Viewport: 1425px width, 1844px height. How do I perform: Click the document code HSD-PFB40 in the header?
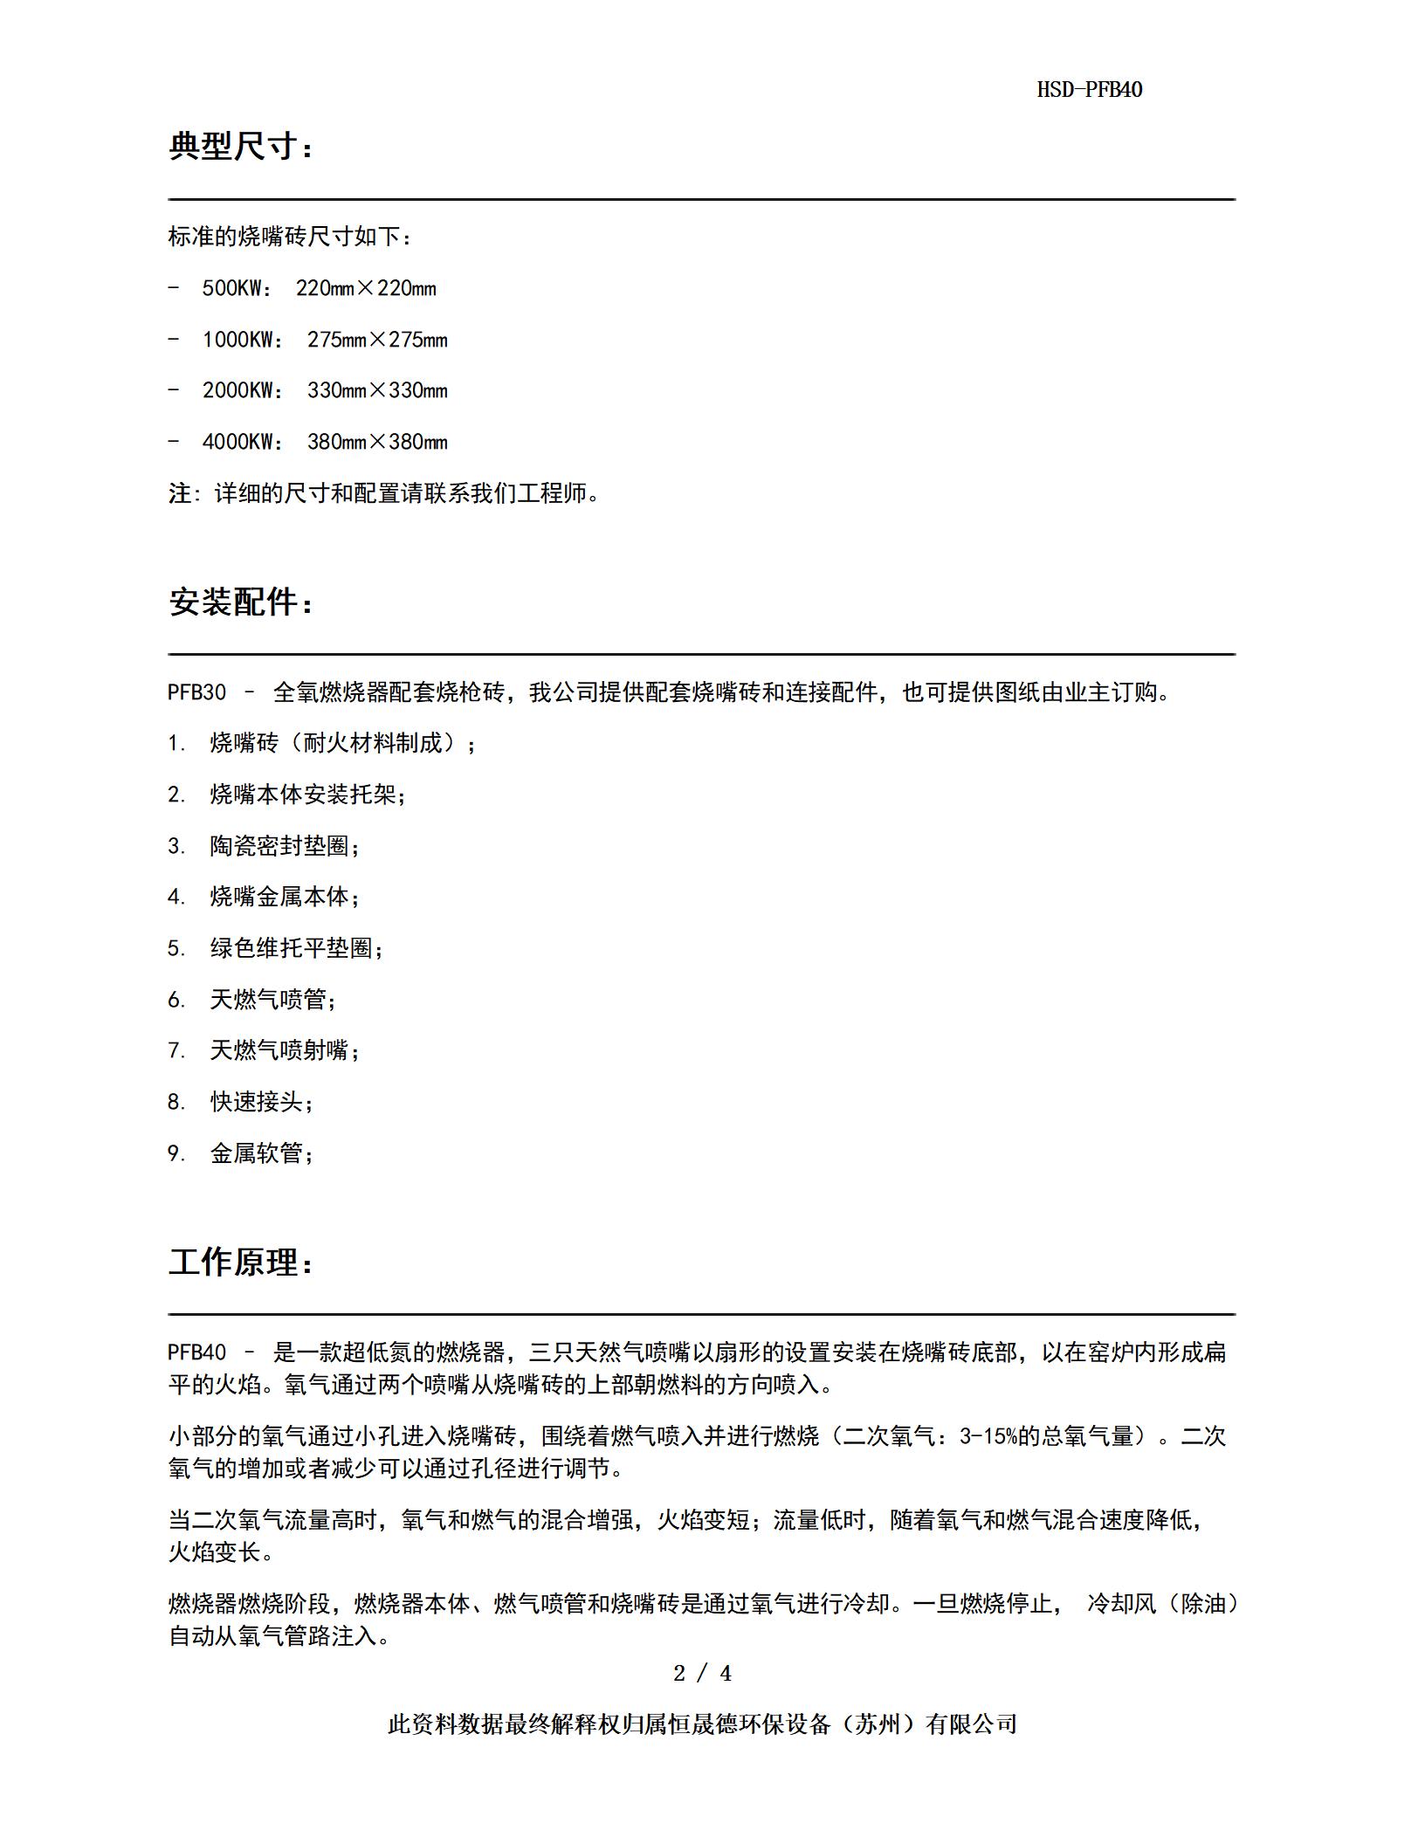click(1089, 90)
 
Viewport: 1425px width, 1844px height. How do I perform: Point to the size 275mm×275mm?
click(376, 340)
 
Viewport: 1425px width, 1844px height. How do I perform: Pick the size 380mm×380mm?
click(376, 443)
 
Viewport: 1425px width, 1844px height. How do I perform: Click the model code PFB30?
click(196, 693)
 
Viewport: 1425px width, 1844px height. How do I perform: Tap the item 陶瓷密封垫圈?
click(285, 846)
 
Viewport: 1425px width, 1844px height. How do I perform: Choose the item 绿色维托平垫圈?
click(296, 949)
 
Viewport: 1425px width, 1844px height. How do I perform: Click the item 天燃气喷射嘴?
click(285, 1050)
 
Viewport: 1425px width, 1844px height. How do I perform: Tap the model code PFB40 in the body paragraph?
click(196, 1353)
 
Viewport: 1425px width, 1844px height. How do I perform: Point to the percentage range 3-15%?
click(988, 1436)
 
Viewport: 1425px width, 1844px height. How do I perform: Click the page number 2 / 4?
click(703, 1674)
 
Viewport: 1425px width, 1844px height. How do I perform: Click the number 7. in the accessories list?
click(176, 1050)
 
